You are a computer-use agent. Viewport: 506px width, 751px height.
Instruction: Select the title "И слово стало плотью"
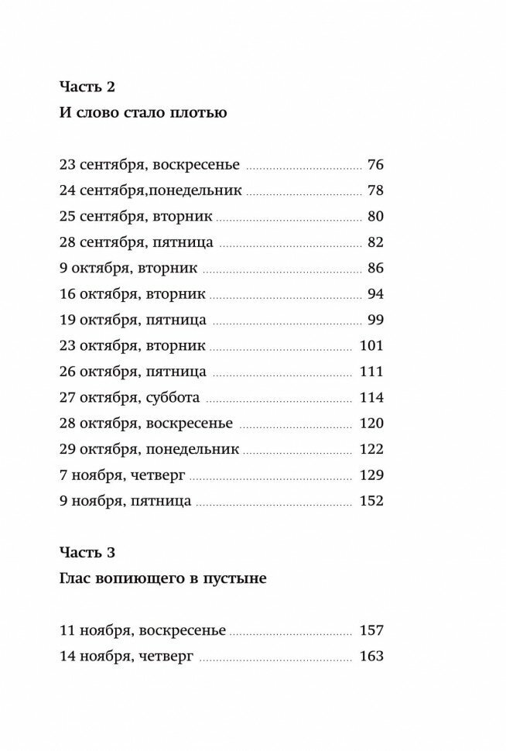pyautogui.click(x=143, y=114)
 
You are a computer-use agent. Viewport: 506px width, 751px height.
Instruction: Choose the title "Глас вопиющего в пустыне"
pyautogui.click(x=163, y=578)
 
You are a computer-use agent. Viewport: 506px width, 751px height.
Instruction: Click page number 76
pyautogui.click(x=376, y=165)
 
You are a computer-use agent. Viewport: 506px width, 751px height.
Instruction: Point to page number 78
pyautogui.click(x=376, y=190)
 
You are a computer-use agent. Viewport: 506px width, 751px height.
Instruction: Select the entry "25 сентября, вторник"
pyautogui.click(x=135, y=217)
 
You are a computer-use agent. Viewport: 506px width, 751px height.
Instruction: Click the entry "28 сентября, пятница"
pyautogui.click(x=136, y=242)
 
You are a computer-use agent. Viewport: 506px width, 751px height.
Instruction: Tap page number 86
pyautogui.click(x=376, y=269)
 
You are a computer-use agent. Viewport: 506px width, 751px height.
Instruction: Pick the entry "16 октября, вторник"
pyautogui.click(x=132, y=294)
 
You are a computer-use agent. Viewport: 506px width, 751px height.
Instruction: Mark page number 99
pyautogui.click(x=376, y=320)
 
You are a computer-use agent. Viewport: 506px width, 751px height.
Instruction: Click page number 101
pyautogui.click(x=371, y=346)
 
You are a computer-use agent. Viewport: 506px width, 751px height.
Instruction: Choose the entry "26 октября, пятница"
pyautogui.click(x=132, y=372)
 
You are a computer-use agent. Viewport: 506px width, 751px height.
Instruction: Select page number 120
pyautogui.click(x=371, y=424)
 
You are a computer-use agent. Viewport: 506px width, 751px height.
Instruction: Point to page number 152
pyautogui.click(x=371, y=501)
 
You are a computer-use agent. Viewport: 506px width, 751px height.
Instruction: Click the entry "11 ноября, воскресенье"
pyautogui.click(x=142, y=630)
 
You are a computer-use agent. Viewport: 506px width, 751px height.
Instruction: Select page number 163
pyautogui.click(x=371, y=657)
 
